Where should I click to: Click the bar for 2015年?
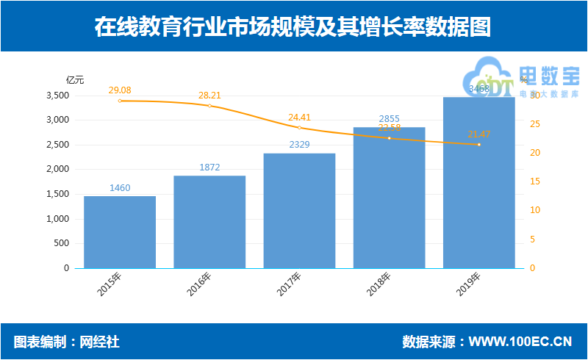pos(120,232)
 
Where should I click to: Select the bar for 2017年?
pos(300,211)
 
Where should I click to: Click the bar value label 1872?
pos(210,168)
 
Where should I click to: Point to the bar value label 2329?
pos(300,145)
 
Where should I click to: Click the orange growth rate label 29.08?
pos(120,90)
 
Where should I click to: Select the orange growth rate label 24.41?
pos(300,117)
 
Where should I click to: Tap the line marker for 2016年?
pos(210,106)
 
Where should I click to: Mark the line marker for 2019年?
pos(478,145)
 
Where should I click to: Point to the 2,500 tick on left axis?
pos(57,145)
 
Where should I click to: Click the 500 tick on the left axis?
pos(62,243)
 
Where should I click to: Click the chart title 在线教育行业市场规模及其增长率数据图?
pos(293,27)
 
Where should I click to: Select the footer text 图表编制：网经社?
pos(66,342)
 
